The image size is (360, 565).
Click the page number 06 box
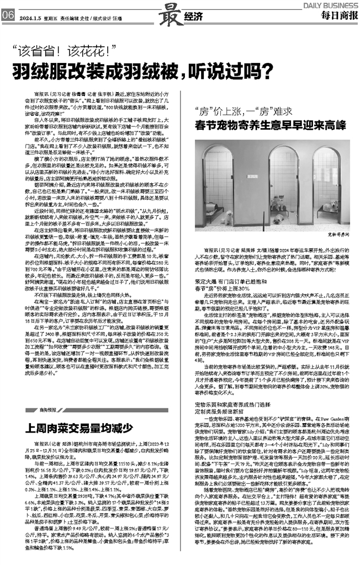click(x=8, y=16)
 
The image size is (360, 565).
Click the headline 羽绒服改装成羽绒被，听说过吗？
click(x=135, y=71)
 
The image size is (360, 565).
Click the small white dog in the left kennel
click(x=226, y=217)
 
